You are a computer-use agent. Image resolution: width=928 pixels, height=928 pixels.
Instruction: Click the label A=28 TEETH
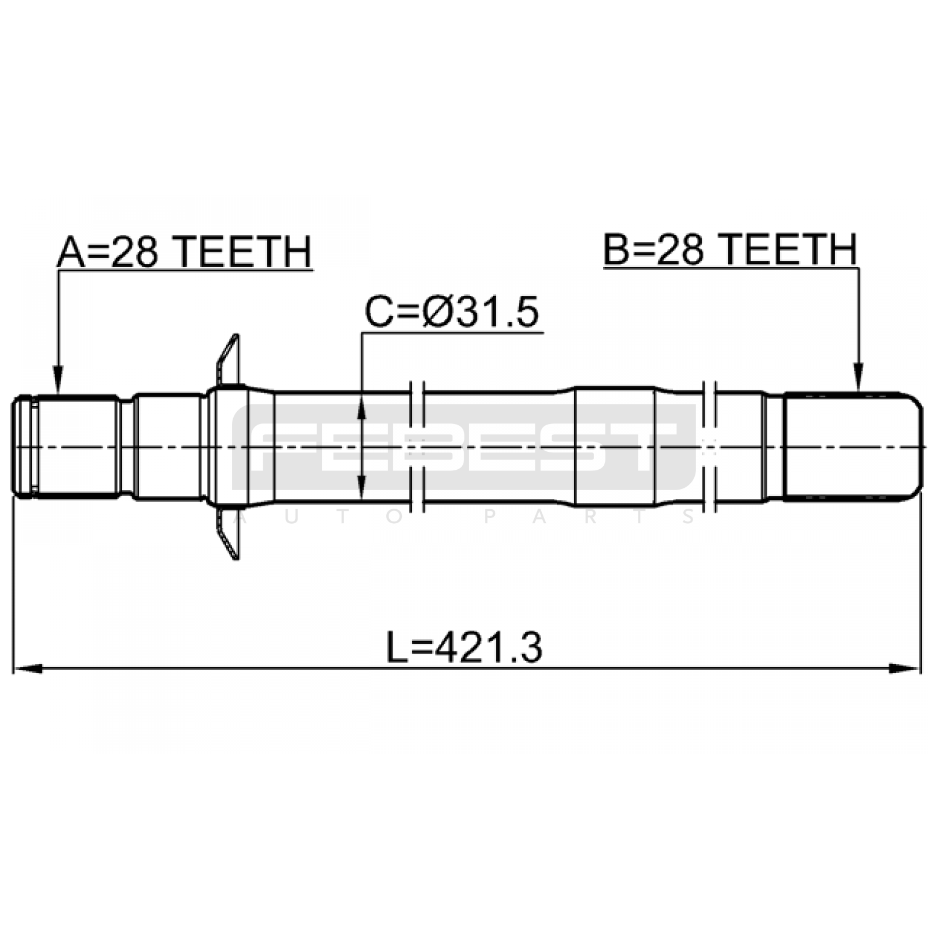pos(184,251)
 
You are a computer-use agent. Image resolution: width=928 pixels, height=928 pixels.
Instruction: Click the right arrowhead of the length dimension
pos(905,668)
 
